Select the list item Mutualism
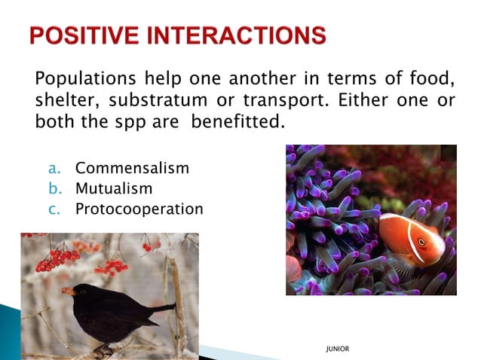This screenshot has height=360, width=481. click(x=113, y=188)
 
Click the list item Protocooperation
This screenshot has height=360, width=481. click(x=139, y=209)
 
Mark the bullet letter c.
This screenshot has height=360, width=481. click(x=54, y=209)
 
